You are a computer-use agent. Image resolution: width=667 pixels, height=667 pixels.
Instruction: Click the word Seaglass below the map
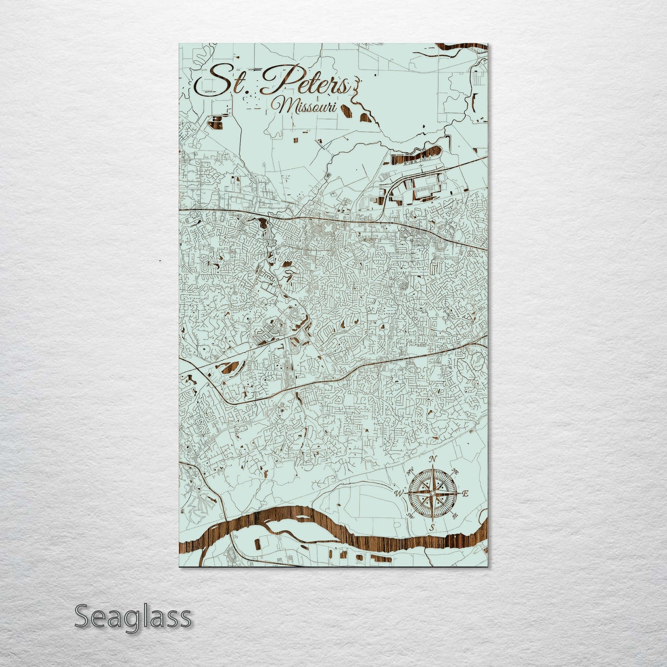point(132,616)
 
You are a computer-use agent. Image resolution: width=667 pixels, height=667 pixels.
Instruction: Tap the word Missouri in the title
point(306,107)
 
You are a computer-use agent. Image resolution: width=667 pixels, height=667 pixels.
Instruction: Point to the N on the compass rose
point(433,459)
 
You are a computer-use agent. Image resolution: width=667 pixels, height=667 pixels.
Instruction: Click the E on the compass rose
point(465,494)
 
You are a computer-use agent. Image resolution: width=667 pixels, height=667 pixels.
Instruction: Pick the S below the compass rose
point(432,527)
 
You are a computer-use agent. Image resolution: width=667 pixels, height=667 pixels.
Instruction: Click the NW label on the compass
point(410,472)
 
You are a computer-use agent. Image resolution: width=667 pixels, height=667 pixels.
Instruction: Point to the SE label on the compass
point(455,516)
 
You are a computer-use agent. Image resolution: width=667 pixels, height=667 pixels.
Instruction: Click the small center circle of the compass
point(432,493)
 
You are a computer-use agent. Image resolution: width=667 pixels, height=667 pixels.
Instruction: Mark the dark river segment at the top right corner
point(466,46)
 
